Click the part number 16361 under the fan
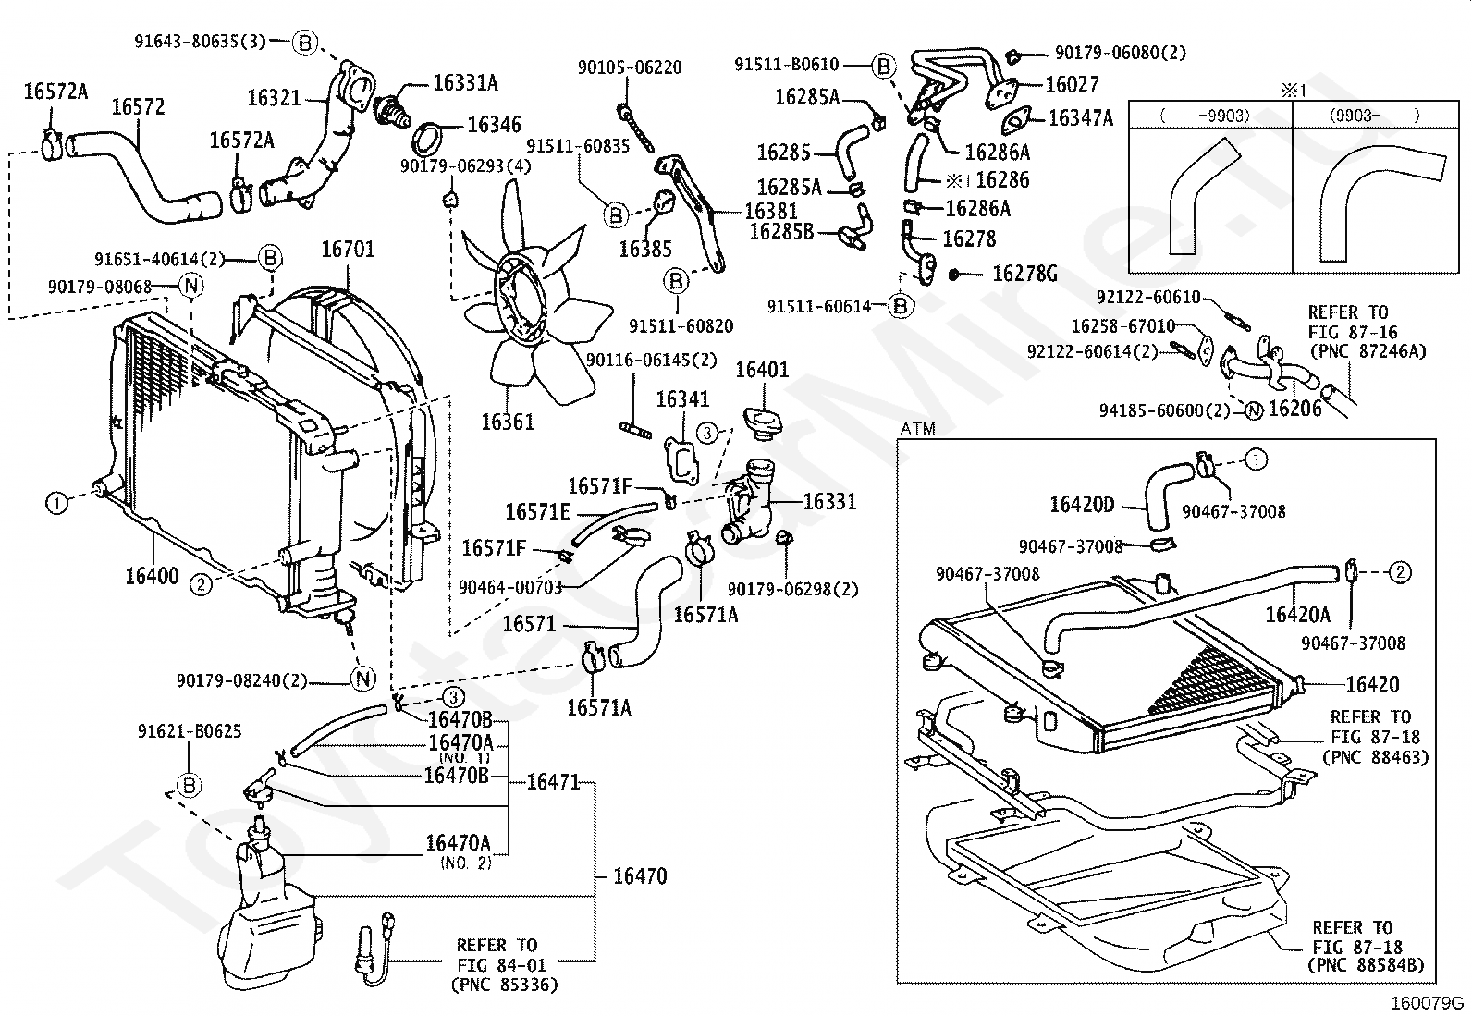tap(507, 422)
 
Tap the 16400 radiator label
tap(152, 577)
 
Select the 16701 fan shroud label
tap(348, 250)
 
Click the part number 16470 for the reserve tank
tap(640, 875)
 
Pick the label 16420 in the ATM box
tap(1372, 684)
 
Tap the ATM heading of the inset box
tap(917, 429)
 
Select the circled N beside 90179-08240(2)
tap(363, 679)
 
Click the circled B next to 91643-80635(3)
tap(306, 42)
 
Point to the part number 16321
tap(274, 97)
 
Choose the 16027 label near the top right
tap(1072, 85)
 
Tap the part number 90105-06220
tap(630, 67)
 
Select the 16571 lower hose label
tap(529, 624)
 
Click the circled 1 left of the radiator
tap(57, 503)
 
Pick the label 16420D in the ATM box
tap(1082, 505)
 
